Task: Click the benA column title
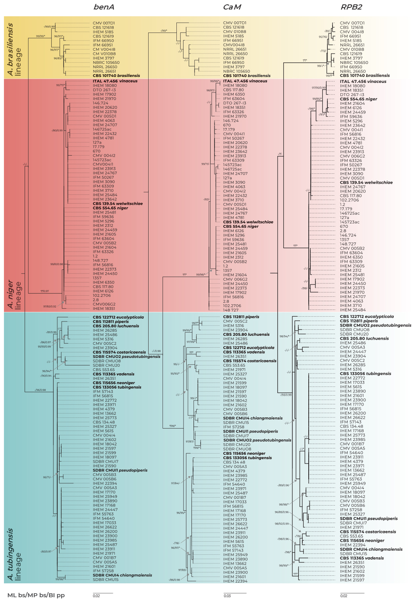pyautogui.click(x=104, y=7)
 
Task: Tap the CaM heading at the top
pyautogui.click(x=232, y=7)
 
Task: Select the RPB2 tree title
pyautogui.click(x=351, y=7)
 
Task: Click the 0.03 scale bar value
pyautogui.click(x=227, y=596)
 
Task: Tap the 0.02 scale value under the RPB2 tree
pyautogui.click(x=344, y=596)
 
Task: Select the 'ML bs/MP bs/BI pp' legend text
pyautogui.click(x=36, y=595)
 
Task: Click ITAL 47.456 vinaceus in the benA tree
pyautogui.click(x=115, y=81)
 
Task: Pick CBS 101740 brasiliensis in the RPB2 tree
pyautogui.click(x=365, y=75)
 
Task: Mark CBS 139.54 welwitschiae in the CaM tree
pyautogui.click(x=248, y=222)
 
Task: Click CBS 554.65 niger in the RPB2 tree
pyautogui.click(x=358, y=99)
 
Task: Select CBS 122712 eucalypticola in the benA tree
pyautogui.click(x=118, y=317)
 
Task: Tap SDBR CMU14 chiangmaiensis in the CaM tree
pyautogui.click(x=253, y=418)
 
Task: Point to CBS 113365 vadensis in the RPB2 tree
pyautogui.click(x=362, y=558)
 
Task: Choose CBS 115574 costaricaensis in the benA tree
pyautogui.click(x=119, y=352)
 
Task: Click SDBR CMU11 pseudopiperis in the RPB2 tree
pyautogui.click(x=368, y=518)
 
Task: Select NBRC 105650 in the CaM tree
pyautogui.click(x=236, y=71)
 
